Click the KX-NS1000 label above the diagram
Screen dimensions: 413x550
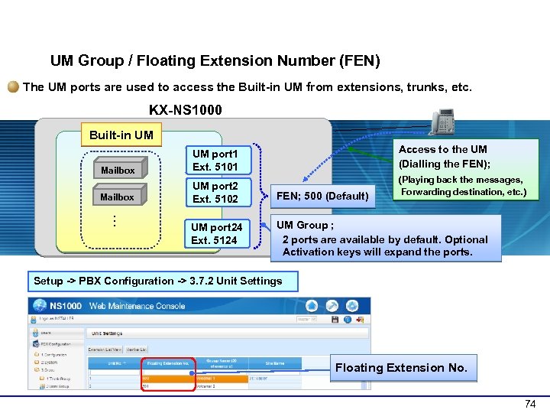(186, 110)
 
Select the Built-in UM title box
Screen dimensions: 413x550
(121, 135)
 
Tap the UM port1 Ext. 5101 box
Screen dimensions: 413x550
(215, 160)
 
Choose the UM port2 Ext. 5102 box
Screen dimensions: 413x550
(215, 192)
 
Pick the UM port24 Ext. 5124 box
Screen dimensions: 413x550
(216, 233)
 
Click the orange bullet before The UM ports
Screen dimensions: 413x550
(14, 87)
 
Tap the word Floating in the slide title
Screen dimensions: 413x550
(212, 60)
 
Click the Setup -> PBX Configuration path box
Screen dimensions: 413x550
(158, 281)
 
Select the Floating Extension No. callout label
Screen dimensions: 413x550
(401, 368)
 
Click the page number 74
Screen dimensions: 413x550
(529, 403)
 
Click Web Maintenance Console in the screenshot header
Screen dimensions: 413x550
(138, 306)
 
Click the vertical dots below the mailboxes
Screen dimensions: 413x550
(113, 220)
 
